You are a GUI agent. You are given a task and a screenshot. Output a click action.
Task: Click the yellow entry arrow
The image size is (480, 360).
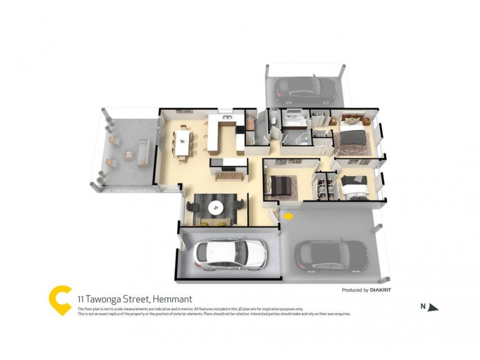pos(288,215)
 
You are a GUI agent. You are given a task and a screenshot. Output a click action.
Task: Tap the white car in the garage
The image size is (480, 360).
pos(229,254)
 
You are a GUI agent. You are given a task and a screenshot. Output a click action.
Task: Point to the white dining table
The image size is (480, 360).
pos(184,143)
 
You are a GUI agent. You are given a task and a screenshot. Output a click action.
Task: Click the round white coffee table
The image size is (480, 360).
pos(216,207)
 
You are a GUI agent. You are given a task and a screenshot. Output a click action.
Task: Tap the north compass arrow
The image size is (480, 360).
pos(433,308)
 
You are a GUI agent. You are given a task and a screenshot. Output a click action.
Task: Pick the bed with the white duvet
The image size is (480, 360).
pos(354,187)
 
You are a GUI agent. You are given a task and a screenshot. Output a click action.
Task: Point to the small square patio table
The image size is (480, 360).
pos(129,155)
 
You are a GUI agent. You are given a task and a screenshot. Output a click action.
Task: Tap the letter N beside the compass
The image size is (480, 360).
pos(422,307)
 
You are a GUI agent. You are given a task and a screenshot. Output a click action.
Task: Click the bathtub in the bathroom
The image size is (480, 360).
pos(295,124)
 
